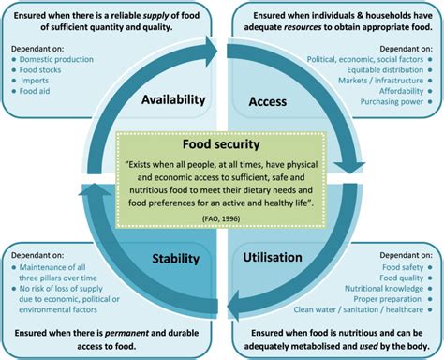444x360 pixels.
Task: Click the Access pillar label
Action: [x=267, y=100]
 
